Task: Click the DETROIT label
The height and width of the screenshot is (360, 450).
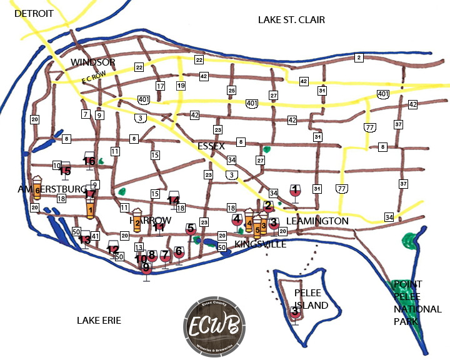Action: click(x=34, y=13)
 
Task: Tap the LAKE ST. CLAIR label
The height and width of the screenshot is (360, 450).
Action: click(x=291, y=20)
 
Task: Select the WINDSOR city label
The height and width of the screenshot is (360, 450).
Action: click(x=93, y=62)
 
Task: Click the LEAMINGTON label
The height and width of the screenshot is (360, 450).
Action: click(x=317, y=221)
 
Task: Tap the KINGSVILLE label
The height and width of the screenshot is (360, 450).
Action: click(x=260, y=244)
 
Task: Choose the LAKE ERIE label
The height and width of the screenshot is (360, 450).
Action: click(x=99, y=320)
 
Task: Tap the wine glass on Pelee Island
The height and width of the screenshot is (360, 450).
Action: click(x=294, y=312)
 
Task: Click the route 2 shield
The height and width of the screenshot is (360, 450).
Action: click(x=359, y=58)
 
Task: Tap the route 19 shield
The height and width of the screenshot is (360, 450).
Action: click(x=181, y=86)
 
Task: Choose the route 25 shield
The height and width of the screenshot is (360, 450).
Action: click(x=231, y=91)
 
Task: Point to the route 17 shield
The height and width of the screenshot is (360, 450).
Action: click(x=161, y=86)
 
